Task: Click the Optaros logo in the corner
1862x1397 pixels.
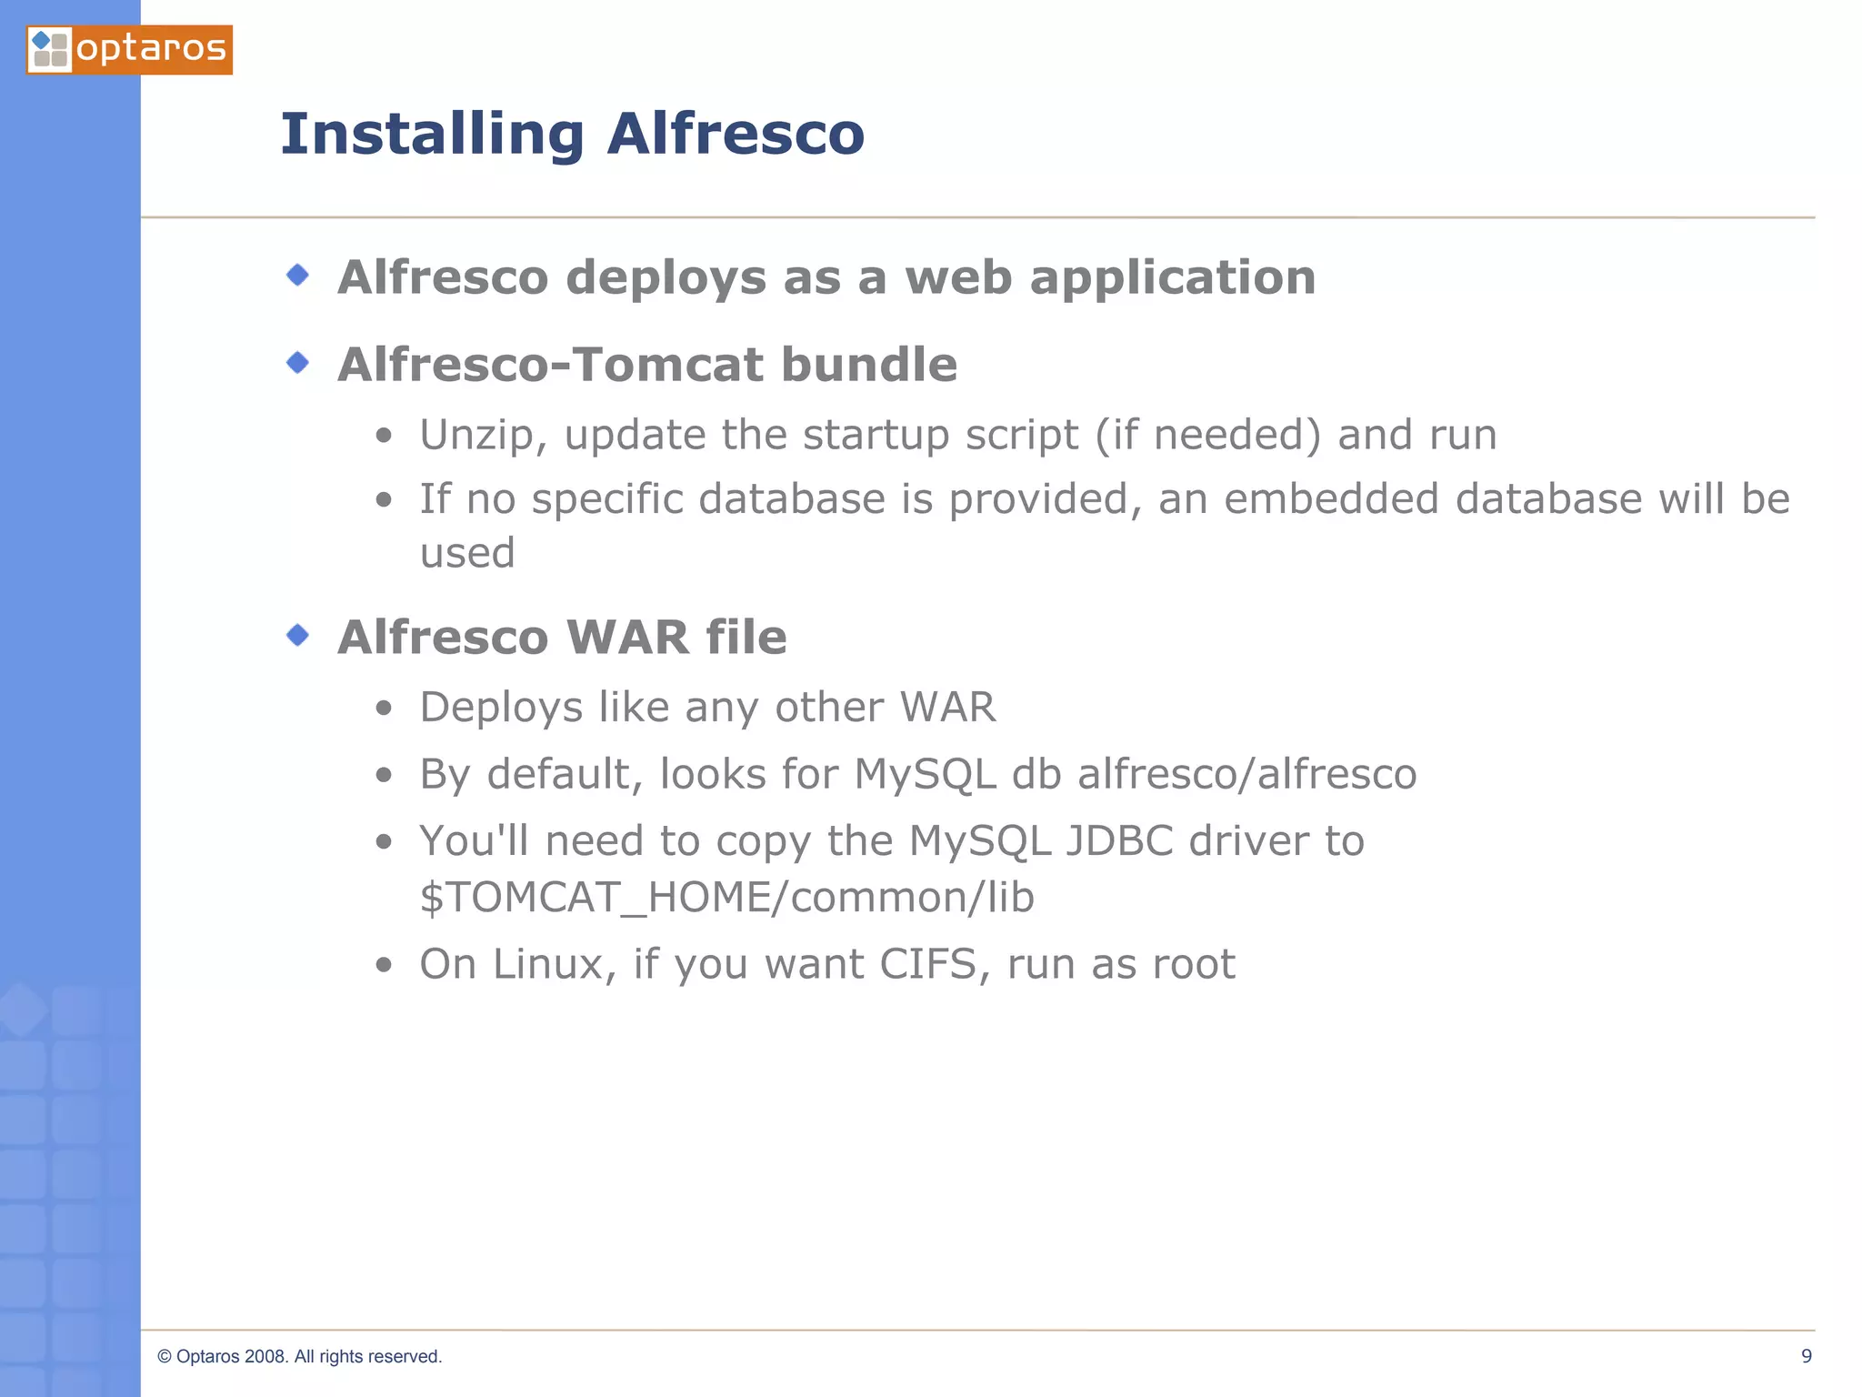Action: click(129, 49)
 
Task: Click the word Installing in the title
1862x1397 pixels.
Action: click(432, 135)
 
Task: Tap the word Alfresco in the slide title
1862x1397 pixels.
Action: click(736, 134)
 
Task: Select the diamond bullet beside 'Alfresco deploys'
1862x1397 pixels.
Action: click(297, 275)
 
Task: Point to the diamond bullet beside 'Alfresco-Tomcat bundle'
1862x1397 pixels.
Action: click(297, 363)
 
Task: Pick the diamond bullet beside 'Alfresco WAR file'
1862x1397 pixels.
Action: click(297, 635)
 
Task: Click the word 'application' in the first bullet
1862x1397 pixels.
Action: click(1172, 278)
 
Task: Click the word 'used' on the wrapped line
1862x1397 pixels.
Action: click(467, 553)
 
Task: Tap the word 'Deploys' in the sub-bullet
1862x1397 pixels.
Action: click(500, 709)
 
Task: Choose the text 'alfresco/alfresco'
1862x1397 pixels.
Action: click(1246, 774)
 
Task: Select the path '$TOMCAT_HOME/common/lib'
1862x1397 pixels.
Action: click(726, 898)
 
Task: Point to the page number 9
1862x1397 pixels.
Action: click(1806, 1356)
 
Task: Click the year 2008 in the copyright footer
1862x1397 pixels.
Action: click(265, 1357)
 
